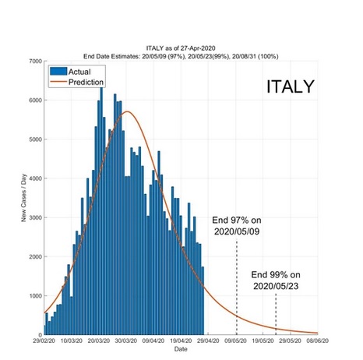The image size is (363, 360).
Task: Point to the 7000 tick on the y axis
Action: pos(34,61)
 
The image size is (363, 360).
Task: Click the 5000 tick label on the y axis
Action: pos(34,139)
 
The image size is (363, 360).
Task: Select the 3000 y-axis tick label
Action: pos(34,218)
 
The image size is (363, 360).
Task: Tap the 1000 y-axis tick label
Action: pos(34,296)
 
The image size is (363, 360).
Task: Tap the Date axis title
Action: pos(181,350)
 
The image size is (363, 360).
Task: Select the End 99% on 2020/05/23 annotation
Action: pos(275,281)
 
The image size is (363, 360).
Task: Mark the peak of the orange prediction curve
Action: pos(127,111)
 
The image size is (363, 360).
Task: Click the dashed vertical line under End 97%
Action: pos(237,288)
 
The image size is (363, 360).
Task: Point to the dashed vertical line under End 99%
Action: pos(276,316)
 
